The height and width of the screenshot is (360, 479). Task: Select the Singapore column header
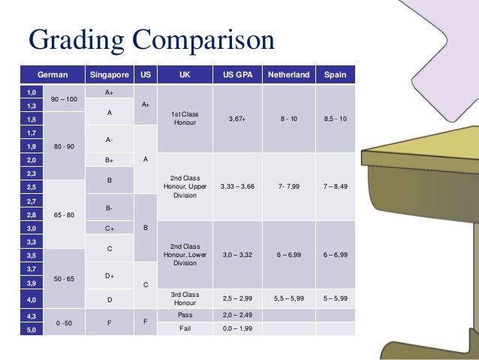point(109,75)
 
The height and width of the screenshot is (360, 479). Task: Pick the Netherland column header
point(288,75)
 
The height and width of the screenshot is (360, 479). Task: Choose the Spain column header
point(335,75)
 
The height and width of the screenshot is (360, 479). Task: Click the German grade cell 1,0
point(32,92)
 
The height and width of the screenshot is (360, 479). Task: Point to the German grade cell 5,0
point(32,329)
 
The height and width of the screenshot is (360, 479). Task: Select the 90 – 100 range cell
point(64,99)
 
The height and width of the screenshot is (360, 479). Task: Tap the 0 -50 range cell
point(64,322)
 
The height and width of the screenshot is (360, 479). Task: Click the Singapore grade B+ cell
point(109,160)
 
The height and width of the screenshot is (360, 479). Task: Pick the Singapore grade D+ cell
point(109,277)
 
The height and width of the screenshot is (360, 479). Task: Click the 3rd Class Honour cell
point(185,298)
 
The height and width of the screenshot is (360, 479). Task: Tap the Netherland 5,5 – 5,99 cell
point(288,298)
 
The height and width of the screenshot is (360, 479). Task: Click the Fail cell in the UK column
point(185,329)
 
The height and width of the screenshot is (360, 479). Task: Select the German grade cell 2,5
point(32,187)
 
